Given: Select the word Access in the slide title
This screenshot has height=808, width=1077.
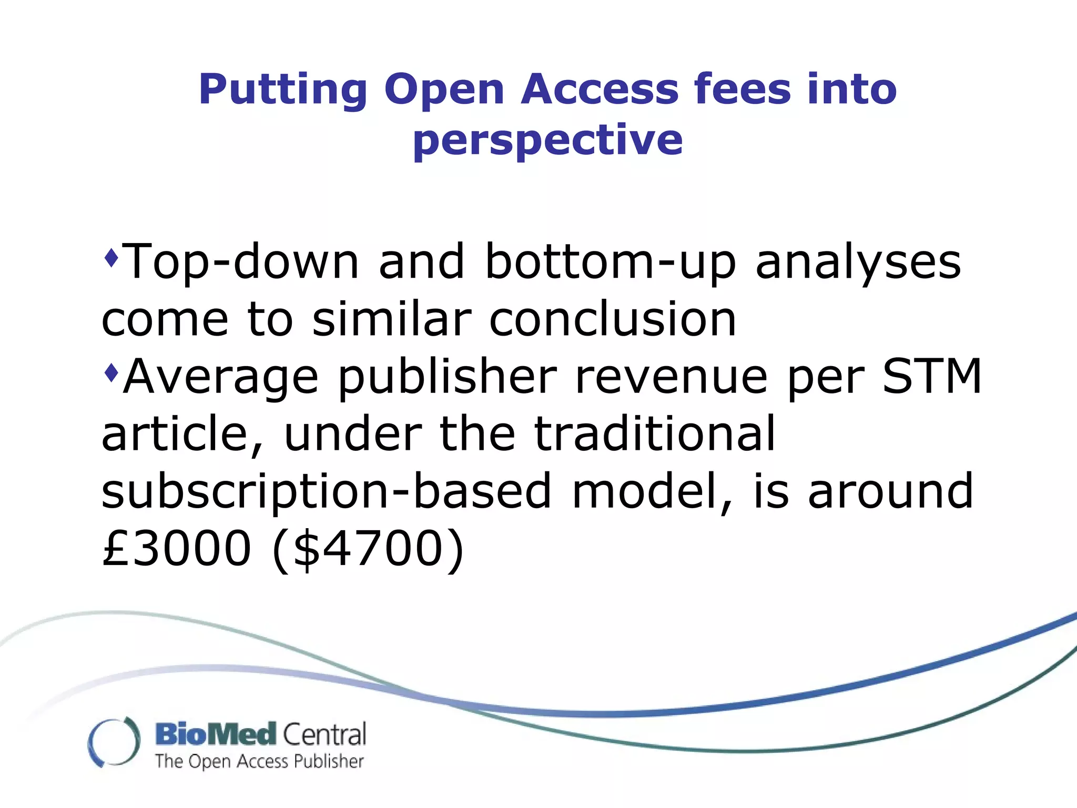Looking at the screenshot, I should pos(600,89).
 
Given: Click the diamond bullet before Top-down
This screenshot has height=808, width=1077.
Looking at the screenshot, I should pos(111,258).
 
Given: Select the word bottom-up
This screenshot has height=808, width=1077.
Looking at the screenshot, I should pos(610,263).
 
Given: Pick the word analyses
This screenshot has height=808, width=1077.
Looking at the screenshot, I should pos(858,263).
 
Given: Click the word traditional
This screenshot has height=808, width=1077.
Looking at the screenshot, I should pos(655,433).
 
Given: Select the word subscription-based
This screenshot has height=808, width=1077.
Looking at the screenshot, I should pos(326,492).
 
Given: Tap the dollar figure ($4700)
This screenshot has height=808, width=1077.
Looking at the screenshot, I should pos(368,550).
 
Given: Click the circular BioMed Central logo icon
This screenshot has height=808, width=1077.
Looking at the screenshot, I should pos(114,742).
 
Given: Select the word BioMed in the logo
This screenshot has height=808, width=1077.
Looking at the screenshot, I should pos(216,734).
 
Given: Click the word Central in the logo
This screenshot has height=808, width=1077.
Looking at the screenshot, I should pos(324,734).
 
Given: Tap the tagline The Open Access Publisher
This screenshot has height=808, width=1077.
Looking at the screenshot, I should pos(259,762).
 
